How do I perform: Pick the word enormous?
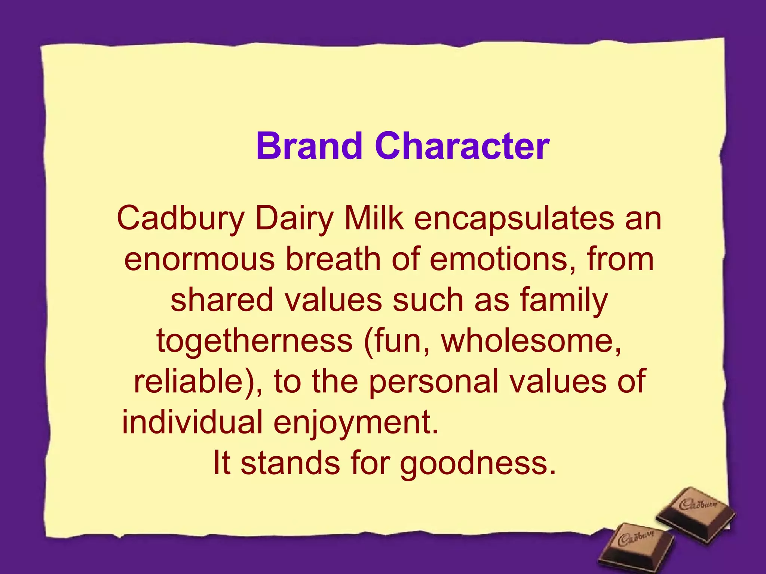point(199,260)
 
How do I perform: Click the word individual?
point(193,422)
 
